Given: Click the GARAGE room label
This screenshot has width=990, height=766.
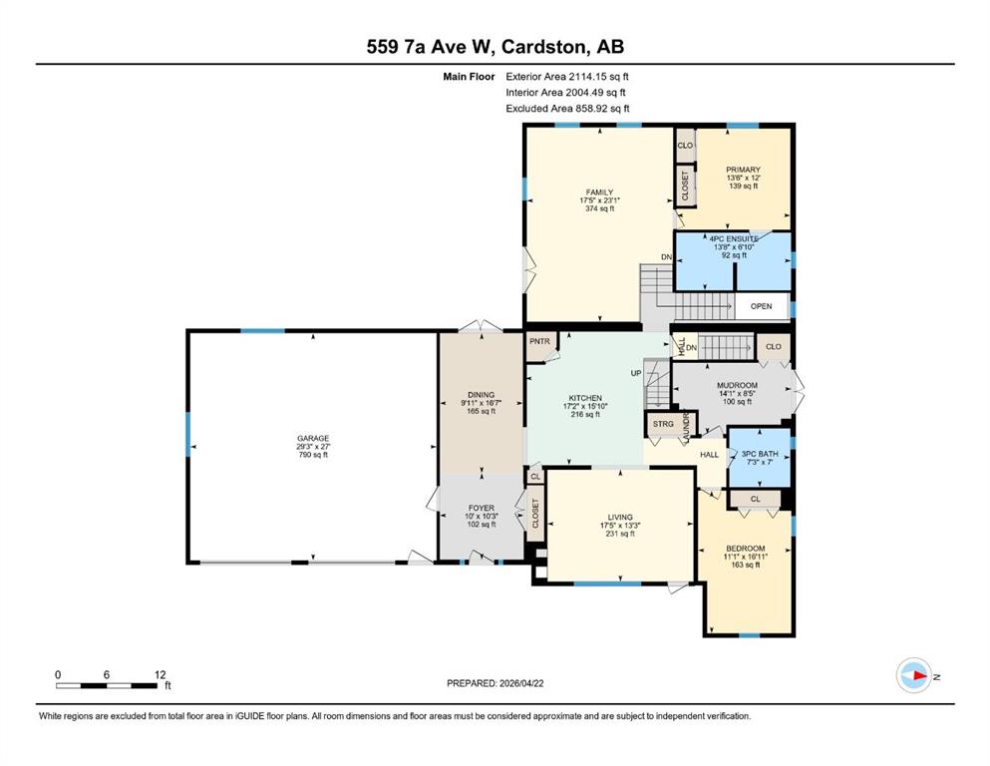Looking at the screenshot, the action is click(313, 438).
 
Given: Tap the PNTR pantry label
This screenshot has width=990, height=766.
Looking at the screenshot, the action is click(539, 342).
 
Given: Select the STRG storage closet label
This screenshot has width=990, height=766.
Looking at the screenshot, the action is click(663, 424).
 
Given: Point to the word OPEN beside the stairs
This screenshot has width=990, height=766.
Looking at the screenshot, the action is click(761, 306).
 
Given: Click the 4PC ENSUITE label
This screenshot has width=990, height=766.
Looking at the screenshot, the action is click(734, 239).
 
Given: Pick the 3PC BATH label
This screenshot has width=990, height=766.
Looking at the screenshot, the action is click(760, 454).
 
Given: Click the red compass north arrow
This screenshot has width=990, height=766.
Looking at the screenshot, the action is click(919, 675).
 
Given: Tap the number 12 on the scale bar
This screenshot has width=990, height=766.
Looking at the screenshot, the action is click(160, 674).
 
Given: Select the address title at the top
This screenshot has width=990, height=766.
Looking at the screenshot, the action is click(495, 47).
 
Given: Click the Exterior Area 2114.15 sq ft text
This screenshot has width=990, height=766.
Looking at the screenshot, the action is click(567, 77).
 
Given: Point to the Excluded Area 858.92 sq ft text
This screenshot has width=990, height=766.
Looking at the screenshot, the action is click(567, 108).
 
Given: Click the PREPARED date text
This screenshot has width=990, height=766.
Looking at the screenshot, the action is click(495, 683).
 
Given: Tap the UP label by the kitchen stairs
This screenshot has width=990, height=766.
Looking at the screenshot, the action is click(636, 373).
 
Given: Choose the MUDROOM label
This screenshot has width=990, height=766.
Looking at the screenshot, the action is click(737, 385).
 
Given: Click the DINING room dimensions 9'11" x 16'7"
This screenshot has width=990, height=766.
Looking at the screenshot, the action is click(482, 403).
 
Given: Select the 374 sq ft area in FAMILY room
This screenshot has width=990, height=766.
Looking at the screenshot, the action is click(599, 208).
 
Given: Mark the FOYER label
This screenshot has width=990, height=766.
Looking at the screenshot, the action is click(482, 508).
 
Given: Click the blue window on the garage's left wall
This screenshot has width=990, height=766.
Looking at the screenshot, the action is click(188, 434).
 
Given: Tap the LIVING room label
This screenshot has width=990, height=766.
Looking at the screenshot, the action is click(620, 518).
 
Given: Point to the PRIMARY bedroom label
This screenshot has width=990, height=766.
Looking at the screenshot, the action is click(743, 170).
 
